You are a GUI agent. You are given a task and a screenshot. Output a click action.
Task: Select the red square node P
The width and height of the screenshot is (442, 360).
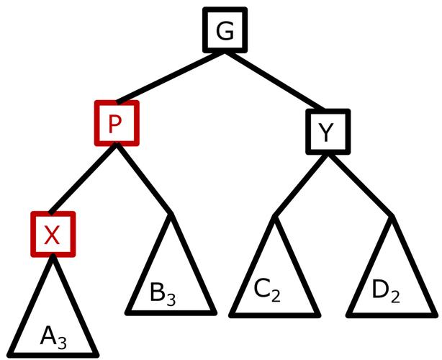(x=115, y=123)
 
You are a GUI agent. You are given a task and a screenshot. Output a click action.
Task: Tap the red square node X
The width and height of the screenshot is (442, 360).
(x=53, y=234)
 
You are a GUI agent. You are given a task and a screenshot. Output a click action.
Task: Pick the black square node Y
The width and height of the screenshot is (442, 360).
(x=328, y=133)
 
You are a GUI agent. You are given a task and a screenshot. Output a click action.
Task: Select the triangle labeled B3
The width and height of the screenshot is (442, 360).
(x=171, y=281)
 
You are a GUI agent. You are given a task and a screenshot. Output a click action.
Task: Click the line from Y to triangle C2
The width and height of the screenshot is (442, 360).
(x=299, y=184)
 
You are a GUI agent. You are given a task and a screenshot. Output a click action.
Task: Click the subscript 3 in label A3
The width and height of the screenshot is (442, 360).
(x=63, y=341)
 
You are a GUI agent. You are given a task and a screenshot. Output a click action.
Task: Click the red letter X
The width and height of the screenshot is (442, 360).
(x=53, y=235)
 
